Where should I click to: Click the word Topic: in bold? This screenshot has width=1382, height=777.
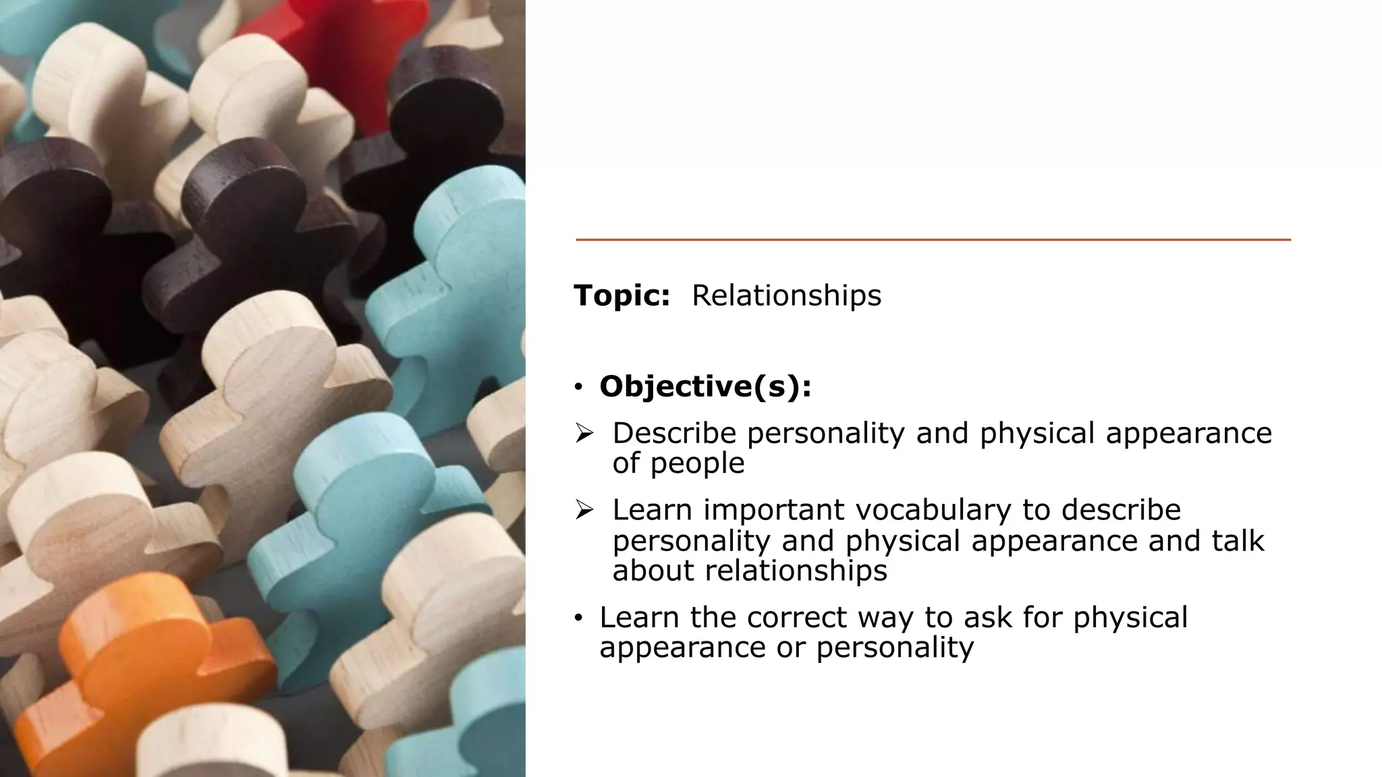tap(621, 295)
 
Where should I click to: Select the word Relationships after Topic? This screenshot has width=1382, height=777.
tap(786, 295)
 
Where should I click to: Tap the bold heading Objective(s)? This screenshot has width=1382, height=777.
tap(705, 386)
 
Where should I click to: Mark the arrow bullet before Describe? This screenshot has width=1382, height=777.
tap(584, 433)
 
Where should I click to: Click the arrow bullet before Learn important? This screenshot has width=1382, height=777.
tap(584, 510)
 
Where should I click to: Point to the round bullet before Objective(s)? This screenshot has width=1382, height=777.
tap(578, 387)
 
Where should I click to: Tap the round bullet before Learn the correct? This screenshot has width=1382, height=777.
tap(578, 618)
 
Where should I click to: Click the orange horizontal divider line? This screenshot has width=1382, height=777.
tap(933, 239)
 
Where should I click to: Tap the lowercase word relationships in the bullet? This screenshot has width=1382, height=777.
tap(796, 571)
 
